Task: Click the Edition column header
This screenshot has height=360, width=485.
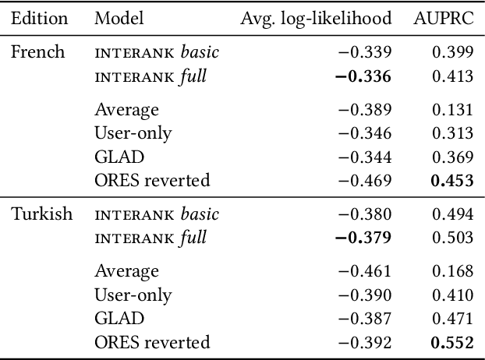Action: click(x=39, y=19)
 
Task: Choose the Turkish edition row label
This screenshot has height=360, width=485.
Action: click(x=41, y=214)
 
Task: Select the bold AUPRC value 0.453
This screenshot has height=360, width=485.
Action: click(x=451, y=181)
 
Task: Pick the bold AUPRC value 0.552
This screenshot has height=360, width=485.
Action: click(x=451, y=341)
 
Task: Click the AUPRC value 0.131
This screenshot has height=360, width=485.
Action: click(x=453, y=111)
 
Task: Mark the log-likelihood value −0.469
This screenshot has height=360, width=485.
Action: click(x=363, y=181)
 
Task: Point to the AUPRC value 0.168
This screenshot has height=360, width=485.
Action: click(x=453, y=271)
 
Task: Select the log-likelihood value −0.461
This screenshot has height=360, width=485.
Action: click(x=363, y=271)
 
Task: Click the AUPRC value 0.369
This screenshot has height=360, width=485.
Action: click(x=453, y=157)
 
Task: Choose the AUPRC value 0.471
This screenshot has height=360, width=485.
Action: click(x=453, y=318)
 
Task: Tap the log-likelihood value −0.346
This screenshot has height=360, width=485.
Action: click(x=363, y=134)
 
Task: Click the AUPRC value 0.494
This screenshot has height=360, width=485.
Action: click(x=453, y=214)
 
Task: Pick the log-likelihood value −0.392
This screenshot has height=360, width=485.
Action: click(x=363, y=341)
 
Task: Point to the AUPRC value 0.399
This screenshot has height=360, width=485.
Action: click(x=453, y=53)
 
